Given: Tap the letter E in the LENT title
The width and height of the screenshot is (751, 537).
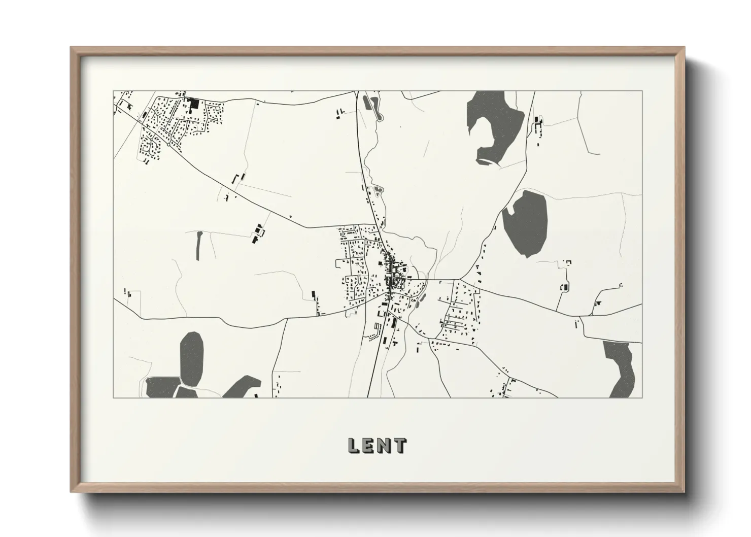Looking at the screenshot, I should pyautogui.click(x=369, y=445).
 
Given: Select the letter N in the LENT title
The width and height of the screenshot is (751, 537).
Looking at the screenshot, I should pyautogui.click(x=385, y=445).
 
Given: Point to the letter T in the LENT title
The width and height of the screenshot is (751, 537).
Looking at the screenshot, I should pyautogui.click(x=400, y=445).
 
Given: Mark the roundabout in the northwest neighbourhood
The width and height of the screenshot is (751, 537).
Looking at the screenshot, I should pyautogui.click(x=168, y=144).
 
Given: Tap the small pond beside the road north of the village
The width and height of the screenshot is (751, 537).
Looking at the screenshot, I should pyautogui.click(x=378, y=191).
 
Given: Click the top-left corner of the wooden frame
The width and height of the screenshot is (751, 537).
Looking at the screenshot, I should pyautogui.click(x=72, y=48).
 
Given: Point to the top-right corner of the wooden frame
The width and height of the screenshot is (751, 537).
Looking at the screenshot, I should pyautogui.click(x=684, y=48).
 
